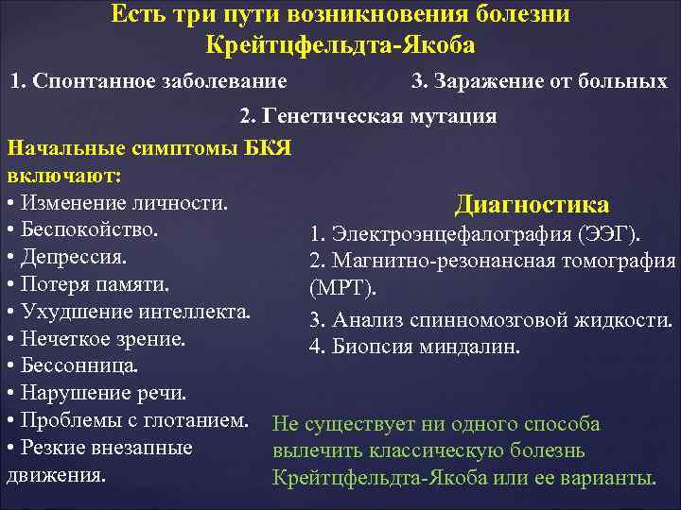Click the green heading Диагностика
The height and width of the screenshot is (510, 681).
click(532, 205)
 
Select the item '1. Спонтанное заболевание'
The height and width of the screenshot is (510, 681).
click(148, 81)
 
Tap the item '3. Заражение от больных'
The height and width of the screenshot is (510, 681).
click(539, 81)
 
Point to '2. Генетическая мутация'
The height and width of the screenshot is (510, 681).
click(368, 116)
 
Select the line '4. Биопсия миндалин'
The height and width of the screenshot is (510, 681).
click(413, 347)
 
